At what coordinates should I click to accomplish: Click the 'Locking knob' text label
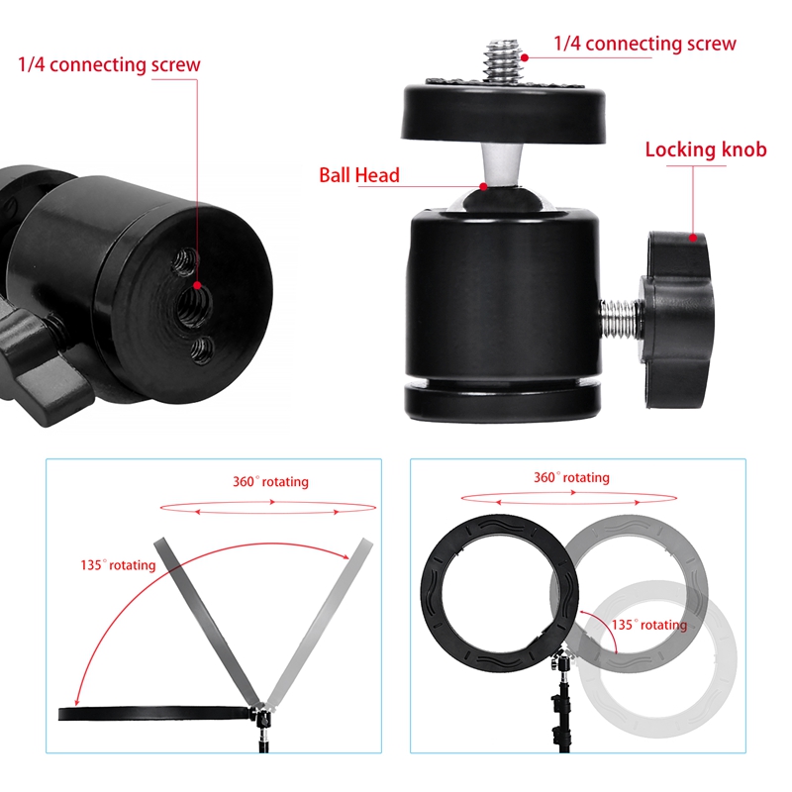pyautogui.click(x=706, y=150)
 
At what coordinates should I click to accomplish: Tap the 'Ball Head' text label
pyautogui.click(x=358, y=176)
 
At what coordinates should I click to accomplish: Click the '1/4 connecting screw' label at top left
pyautogui.click(x=109, y=65)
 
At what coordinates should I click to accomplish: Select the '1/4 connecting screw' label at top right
pyautogui.click(x=644, y=44)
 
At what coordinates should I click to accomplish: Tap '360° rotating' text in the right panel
pyautogui.click(x=571, y=478)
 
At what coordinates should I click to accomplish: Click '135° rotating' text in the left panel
pyautogui.click(x=118, y=565)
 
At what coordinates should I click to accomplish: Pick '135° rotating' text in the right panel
pyautogui.click(x=648, y=625)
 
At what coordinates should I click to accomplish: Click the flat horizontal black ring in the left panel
pyautogui.click(x=148, y=711)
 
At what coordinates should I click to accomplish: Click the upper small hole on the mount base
pyautogui.click(x=185, y=260)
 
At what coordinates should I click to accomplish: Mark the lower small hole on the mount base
pyautogui.click(x=203, y=346)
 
